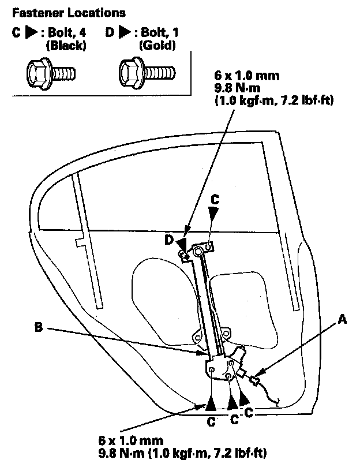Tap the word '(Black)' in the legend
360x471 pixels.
pyautogui.click(x=67, y=46)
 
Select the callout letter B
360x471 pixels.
pyautogui.click(x=38, y=329)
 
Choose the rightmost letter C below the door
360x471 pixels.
pyautogui.click(x=249, y=413)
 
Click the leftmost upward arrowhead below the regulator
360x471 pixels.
pyautogui.click(x=211, y=402)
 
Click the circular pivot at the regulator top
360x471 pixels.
pyautogui.click(x=198, y=251)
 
